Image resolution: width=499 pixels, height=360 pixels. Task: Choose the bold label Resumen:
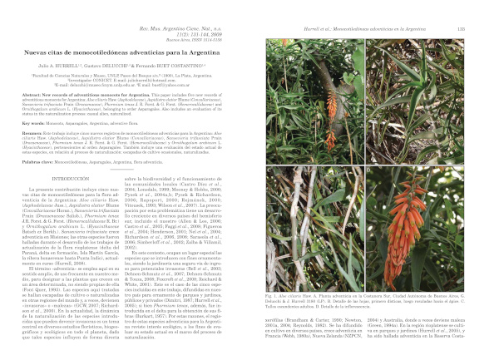(x=32, y=131)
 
